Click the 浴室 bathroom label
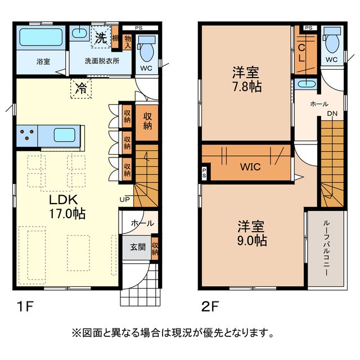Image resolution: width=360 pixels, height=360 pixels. pos(43,61)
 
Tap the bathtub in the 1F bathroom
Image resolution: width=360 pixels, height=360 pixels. pos(41,38)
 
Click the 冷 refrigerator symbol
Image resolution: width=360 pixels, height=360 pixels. pos(82,88)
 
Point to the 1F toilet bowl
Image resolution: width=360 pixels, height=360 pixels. pos(147,52)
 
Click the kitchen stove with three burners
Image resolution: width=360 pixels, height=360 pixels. pos(26,135)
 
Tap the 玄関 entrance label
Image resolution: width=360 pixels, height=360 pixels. pos(137,246)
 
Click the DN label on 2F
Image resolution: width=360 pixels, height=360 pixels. pos(333,114)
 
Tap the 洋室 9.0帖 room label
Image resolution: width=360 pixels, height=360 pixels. pos(251,233)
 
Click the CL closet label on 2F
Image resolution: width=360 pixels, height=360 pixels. pos(302,52)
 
